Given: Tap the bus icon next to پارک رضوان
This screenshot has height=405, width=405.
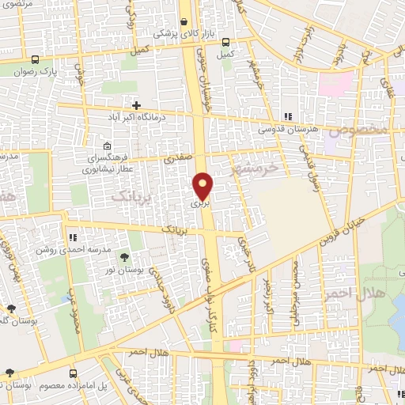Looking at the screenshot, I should [x=35, y=59].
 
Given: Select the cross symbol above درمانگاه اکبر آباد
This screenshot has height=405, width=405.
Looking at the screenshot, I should [x=137, y=104].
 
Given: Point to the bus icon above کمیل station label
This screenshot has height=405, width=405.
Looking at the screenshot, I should [x=226, y=42].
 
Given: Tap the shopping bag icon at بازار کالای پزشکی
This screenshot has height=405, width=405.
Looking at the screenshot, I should [x=184, y=22].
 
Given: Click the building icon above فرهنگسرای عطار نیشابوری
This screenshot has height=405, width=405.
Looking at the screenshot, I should [x=107, y=146].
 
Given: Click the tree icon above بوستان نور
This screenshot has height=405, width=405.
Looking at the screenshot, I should [x=124, y=256].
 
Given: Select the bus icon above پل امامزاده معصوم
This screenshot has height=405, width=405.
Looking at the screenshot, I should [x=74, y=373].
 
